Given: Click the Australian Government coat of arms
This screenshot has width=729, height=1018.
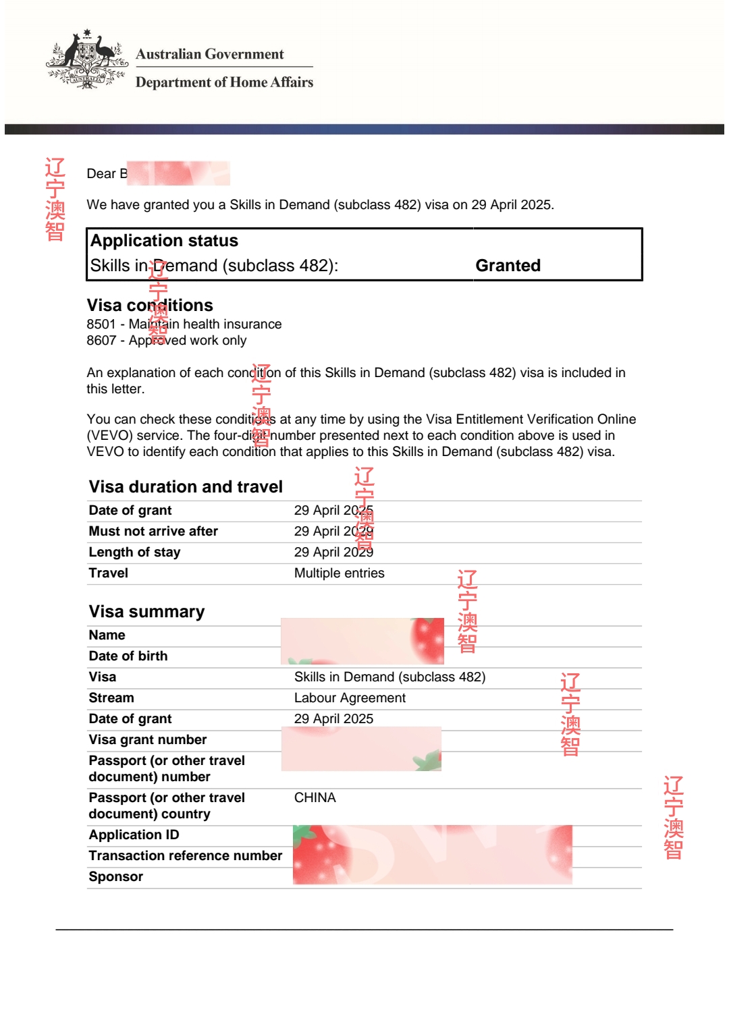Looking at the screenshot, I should coord(86,60).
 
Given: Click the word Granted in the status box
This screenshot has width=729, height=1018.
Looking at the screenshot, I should coord(508,266).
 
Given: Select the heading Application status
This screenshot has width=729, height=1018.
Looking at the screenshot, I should coord(164,241).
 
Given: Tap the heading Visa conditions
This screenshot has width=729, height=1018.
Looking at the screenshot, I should coord(149,306).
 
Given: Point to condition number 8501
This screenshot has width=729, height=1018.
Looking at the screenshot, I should coord(101,324).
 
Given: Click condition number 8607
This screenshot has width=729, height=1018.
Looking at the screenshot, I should coord(101,341).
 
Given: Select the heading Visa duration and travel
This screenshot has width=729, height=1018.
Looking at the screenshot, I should coord(186,487).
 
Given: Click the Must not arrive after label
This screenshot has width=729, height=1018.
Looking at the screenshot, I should coord(153,532).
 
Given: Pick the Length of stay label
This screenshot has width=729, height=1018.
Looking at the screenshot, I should coord(134,553).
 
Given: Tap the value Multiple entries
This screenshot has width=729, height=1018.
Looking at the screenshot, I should coord(339,573).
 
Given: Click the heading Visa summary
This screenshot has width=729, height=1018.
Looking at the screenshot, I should coord(146,612).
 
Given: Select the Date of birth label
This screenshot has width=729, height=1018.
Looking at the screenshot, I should coord(128,656).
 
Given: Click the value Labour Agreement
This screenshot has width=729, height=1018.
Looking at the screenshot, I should coord(350,698).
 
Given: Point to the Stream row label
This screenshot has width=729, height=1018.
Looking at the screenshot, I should coord(111,698).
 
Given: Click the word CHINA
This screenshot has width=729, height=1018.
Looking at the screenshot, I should coord(315,798).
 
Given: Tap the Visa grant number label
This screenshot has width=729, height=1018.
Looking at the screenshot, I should coord(148,740).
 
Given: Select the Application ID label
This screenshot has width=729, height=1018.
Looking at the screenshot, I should coord(134,835).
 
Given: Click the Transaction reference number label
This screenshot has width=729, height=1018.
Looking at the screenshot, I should coord(186,856).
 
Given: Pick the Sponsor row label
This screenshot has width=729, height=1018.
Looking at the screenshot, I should coord(115,877).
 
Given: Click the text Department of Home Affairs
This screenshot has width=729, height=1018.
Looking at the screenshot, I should coord(224,82).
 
